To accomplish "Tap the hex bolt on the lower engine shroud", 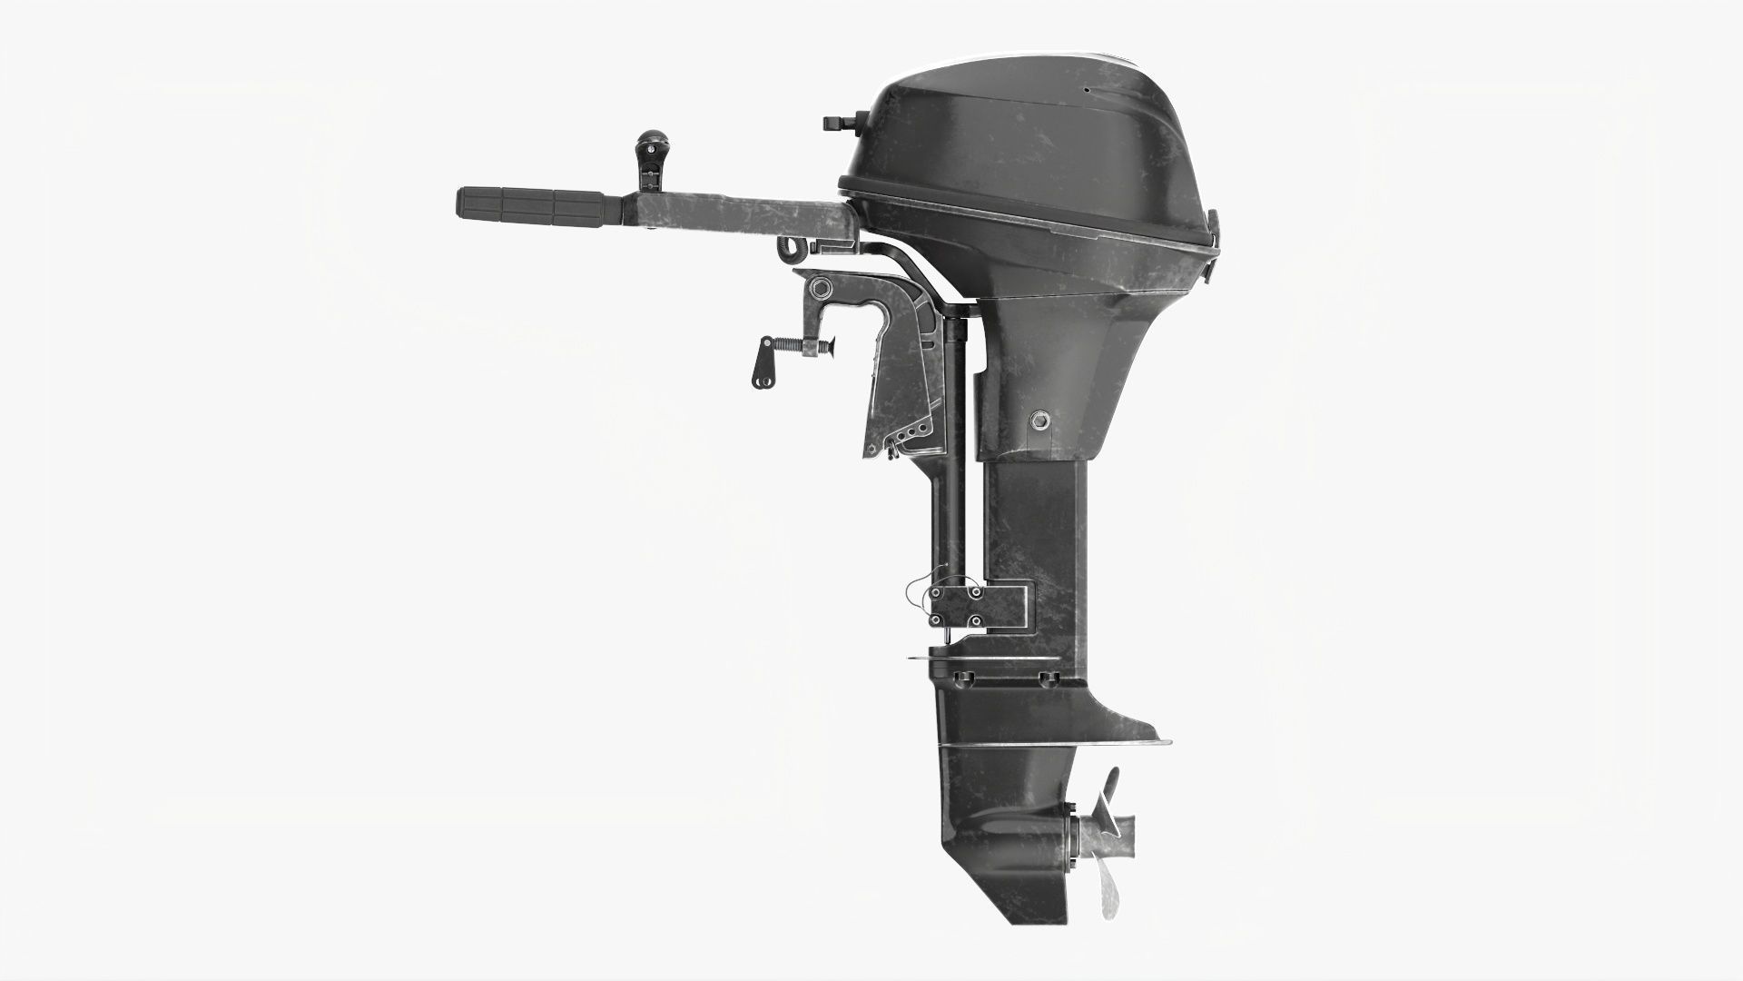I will pyautogui.click(x=1039, y=420).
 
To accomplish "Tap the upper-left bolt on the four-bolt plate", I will pyautogui.click(x=935, y=592).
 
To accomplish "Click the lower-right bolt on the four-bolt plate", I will pyautogui.click(x=974, y=621).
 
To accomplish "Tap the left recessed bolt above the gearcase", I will pyautogui.click(x=964, y=679).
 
